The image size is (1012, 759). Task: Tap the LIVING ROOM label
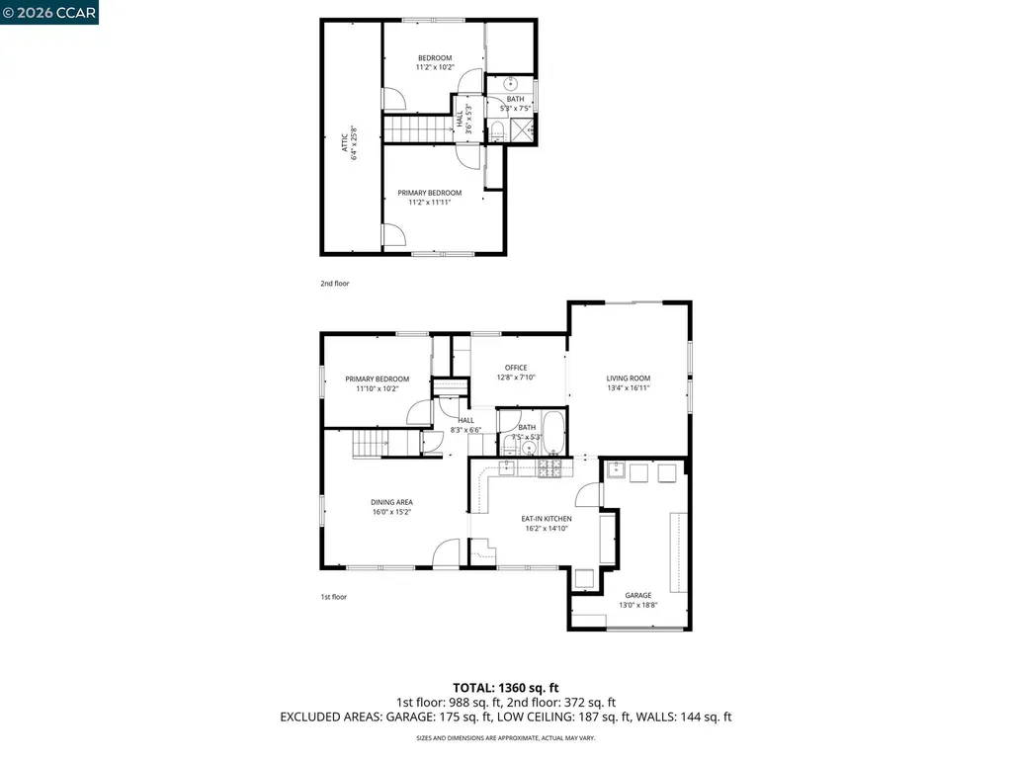(x=629, y=378)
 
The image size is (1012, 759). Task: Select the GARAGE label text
(x=637, y=595)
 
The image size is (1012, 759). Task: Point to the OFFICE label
(x=516, y=368)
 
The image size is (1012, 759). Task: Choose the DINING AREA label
(x=391, y=502)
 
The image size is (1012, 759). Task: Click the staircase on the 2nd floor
(x=416, y=128)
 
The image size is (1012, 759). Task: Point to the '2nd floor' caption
(x=334, y=284)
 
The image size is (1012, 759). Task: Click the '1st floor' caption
(x=333, y=597)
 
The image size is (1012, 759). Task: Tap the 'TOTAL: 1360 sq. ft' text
(x=506, y=687)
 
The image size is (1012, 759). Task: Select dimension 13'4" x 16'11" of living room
(x=629, y=388)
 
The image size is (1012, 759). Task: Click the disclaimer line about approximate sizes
(x=506, y=737)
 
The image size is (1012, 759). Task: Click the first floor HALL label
(x=465, y=420)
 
